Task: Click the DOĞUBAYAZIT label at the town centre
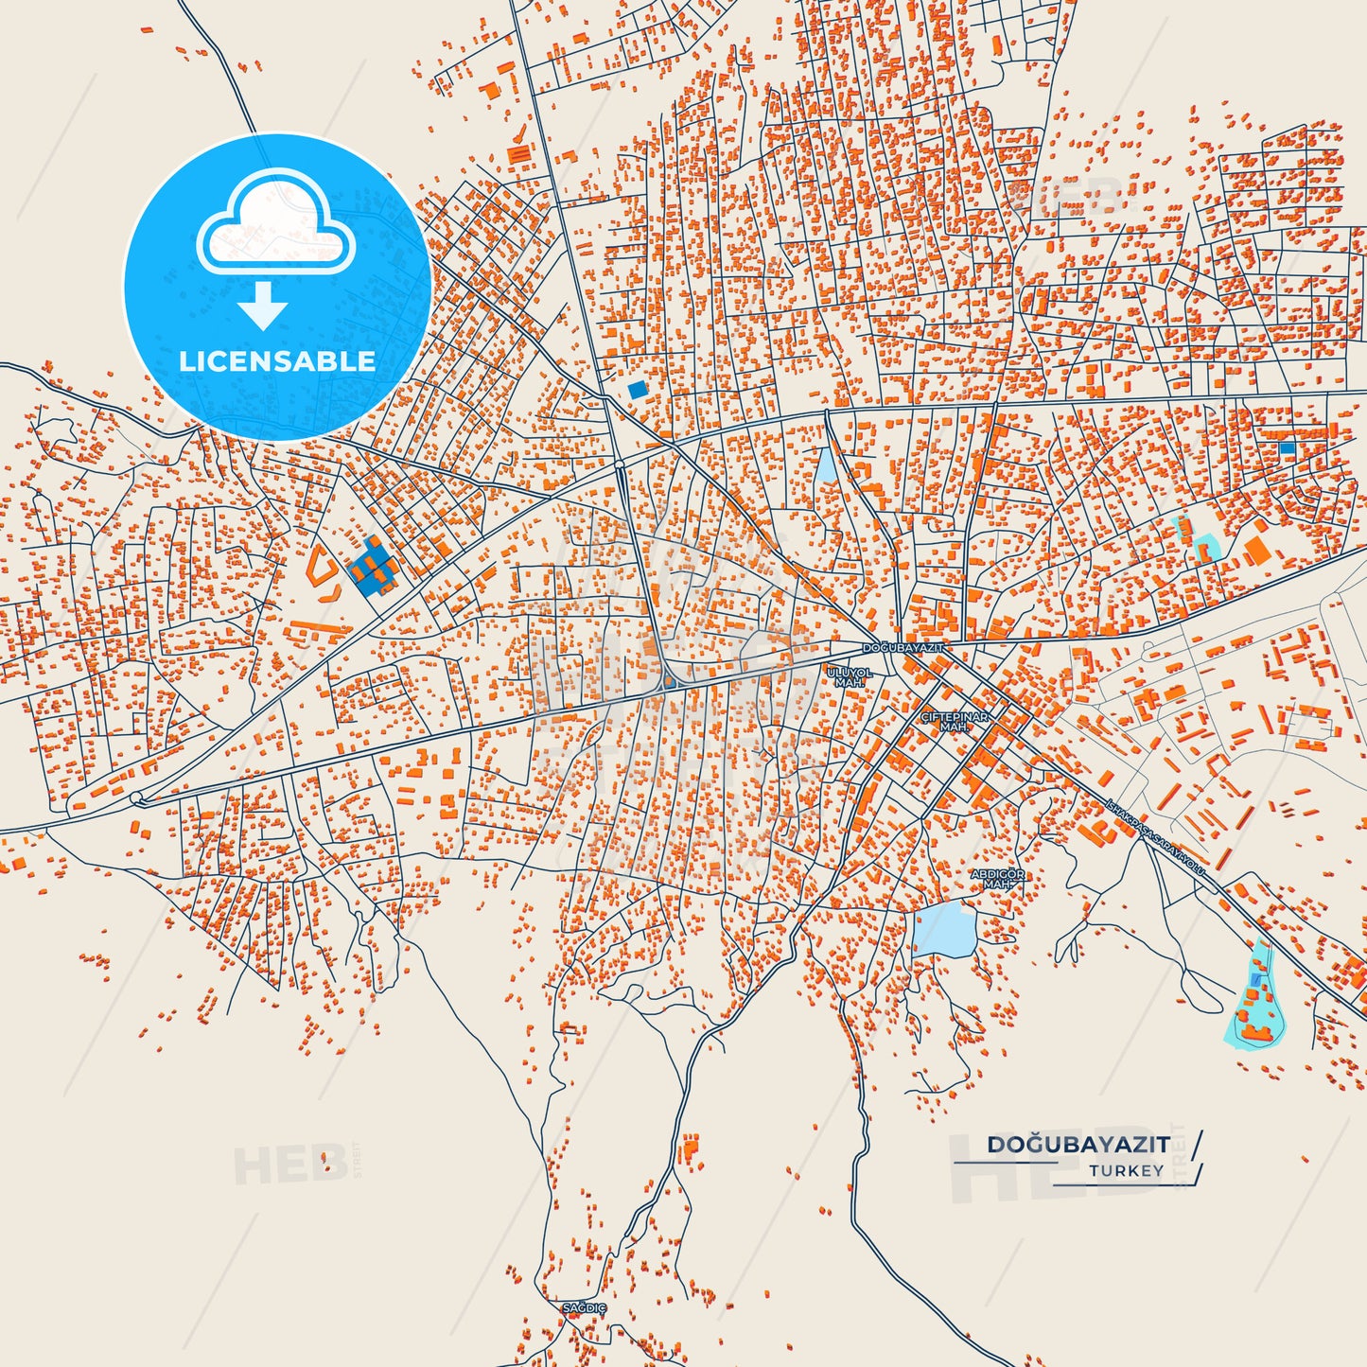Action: click(903, 648)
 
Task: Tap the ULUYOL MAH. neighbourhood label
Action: click(850, 677)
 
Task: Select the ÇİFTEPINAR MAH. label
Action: click(955, 722)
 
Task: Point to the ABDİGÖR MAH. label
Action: click(997, 880)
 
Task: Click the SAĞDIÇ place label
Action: click(584, 1308)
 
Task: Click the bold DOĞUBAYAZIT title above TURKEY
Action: click(1078, 1145)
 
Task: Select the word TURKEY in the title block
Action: click(1126, 1171)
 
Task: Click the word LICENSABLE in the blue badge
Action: click(277, 361)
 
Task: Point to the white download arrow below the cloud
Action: click(263, 306)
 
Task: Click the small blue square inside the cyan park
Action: click(1255, 980)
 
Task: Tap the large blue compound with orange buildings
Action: click(373, 568)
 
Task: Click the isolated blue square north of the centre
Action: click(638, 389)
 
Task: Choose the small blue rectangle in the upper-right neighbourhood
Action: click(1287, 448)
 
